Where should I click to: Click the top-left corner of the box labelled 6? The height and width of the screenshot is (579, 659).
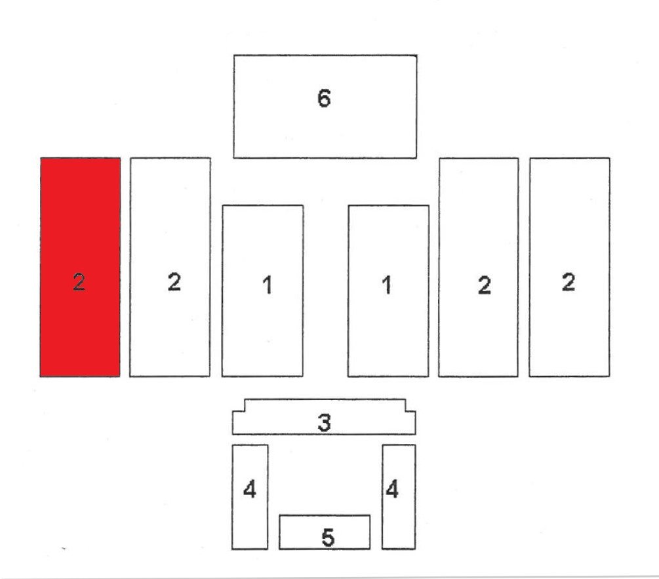point(234,55)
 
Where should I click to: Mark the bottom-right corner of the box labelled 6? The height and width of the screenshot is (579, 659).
point(416,158)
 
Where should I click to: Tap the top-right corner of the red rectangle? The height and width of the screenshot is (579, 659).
point(120,158)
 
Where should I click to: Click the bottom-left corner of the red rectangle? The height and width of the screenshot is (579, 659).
point(41,376)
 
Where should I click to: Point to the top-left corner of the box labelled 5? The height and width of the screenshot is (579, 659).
point(280,515)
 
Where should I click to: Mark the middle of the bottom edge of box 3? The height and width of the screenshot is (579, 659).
point(324,434)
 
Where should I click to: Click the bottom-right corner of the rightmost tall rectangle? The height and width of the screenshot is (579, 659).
point(609,376)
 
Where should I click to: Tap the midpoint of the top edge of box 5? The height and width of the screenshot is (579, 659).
point(325,515)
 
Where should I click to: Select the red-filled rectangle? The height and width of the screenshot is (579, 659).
point(80,268)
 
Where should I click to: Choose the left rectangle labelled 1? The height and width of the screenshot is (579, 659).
point(263,290)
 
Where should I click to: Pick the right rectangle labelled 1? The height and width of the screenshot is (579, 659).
point(388,290)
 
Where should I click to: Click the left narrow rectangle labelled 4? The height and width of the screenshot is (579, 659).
point(250,497)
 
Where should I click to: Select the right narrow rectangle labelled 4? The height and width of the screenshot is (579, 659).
point(399,497)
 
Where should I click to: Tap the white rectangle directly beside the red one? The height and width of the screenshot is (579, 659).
point(170,268)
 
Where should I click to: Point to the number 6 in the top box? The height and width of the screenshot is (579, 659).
point(324,98)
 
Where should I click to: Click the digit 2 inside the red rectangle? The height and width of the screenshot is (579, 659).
point(79,281)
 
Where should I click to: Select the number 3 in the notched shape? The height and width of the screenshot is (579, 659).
point(324,422)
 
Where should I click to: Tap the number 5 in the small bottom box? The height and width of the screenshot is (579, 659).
point(328,538)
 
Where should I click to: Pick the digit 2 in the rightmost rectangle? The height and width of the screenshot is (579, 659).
point(569,282)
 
